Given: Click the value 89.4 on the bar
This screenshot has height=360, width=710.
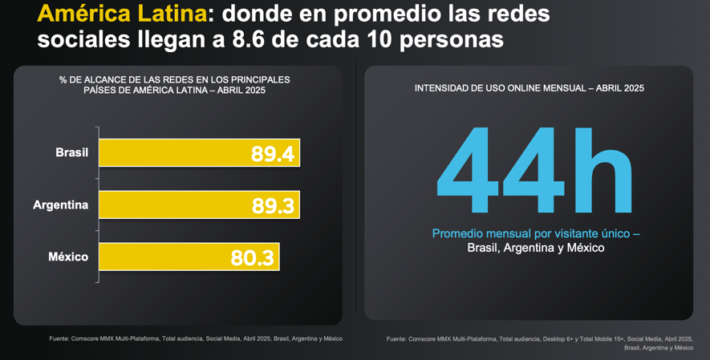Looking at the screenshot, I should pos(273,153).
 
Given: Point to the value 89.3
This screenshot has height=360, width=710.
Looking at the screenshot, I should pos(274,205).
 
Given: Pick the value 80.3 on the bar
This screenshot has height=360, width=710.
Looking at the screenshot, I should pos(253,257).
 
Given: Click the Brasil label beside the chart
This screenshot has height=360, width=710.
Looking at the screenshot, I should pos(72,152).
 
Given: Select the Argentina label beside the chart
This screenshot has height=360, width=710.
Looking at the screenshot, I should pos(61,204).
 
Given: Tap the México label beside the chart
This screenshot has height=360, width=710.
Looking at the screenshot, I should pos(68,257).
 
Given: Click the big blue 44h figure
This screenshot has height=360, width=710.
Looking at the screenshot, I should pos(535,171).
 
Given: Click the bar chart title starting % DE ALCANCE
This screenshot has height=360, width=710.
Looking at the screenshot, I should pos(175,85).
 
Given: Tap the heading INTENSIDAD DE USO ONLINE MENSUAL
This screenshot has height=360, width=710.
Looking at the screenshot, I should pos(529,87).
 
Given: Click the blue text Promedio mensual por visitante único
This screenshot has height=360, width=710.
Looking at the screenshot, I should pos(535,233).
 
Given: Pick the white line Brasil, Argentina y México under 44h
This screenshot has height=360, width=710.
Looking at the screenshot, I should pos(535,248).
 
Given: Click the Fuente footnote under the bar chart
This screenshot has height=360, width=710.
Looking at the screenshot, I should pos(196,338).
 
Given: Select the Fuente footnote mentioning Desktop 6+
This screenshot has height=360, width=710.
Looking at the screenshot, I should pos(539,339).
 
